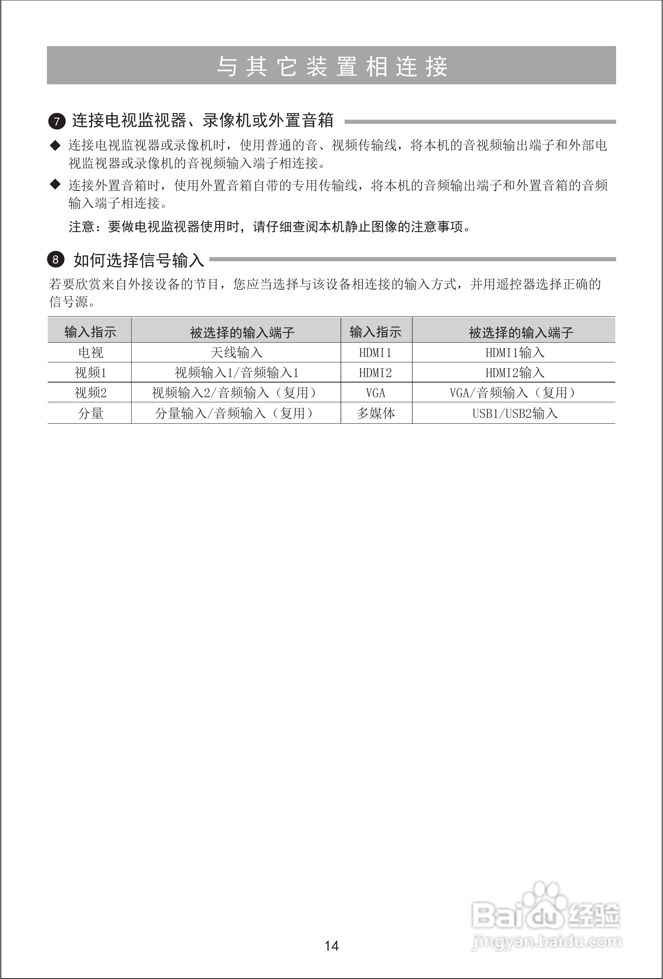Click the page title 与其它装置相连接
[331, 66]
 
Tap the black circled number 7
[56, 122]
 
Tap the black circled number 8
[56, 260]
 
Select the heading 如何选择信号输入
[139, 260]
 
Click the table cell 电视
[90, 352]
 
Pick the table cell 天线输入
[236, 352]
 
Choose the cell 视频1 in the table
[90, 372]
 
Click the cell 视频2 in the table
[90, 392]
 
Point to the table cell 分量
[90, 413]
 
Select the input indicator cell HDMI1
[376, 353]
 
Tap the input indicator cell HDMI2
[376, 373]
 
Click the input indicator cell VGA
[376, 393]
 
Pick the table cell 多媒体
[376, 413]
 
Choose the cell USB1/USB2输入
[515, 413]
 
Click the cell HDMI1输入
[515, 352]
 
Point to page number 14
[331, 946]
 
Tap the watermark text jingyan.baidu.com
[547, 942]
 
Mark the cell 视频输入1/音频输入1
[236, 372]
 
